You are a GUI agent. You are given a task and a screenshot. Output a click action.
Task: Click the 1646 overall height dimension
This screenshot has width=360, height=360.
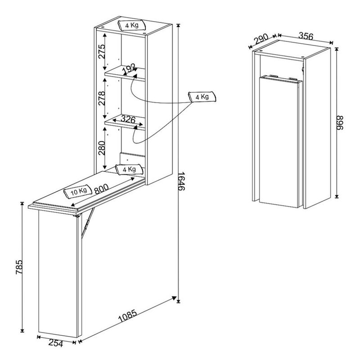coord(181,181)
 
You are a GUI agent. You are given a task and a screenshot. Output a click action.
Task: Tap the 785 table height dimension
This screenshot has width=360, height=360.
coord(19,267)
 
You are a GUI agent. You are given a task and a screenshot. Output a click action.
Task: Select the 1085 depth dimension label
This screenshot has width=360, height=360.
coord(128,316)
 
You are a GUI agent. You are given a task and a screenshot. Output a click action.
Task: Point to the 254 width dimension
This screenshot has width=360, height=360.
coord(56,343)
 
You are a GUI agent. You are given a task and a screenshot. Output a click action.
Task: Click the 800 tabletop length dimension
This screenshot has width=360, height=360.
coord(101,189)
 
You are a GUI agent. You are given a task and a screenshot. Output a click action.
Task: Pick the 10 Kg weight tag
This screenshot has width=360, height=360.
coord(78,191)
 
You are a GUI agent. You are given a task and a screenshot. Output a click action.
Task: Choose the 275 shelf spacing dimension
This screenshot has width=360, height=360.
coord(102,51)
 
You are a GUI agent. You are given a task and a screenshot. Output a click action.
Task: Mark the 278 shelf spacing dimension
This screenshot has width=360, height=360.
coord(102,98)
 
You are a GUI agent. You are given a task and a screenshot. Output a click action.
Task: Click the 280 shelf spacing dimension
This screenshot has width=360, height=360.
coord(102,148)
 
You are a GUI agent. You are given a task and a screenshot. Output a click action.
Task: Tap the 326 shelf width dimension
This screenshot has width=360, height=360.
coord(128,119)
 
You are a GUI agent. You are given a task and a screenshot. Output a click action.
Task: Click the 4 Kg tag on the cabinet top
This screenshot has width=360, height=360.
coord(132,25)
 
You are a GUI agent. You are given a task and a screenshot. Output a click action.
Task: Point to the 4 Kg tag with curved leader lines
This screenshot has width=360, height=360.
coord(202,97)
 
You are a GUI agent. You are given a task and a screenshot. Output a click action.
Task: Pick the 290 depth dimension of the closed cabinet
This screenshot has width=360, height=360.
coord(261,39)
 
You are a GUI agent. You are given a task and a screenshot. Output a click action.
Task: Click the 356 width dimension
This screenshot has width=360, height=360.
coord(306,36)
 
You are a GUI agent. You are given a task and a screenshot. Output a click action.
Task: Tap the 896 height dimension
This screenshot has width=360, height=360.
coord(340,123)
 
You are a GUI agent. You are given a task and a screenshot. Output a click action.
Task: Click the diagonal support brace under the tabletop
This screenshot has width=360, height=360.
coord(88,223)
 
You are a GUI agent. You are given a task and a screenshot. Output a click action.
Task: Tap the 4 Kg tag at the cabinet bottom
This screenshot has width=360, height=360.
coord(129,170)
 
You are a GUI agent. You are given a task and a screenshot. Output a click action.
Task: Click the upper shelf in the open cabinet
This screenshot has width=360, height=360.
coord(125,73)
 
